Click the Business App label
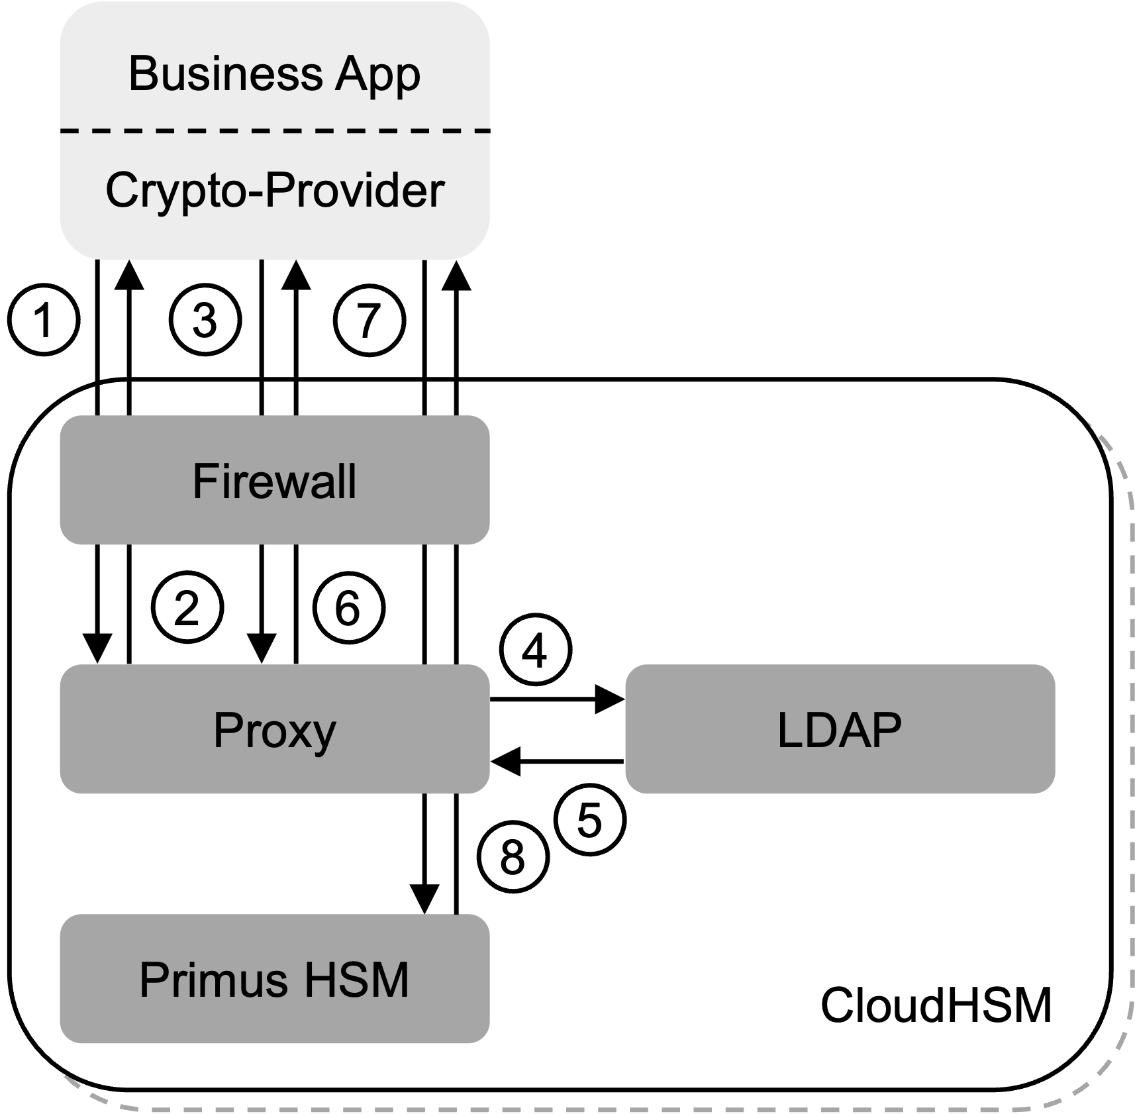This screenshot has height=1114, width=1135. coord(274,74)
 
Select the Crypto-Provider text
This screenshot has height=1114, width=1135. coord(274,191)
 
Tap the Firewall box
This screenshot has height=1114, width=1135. coord(274,481)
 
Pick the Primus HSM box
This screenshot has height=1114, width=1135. coord(274,980)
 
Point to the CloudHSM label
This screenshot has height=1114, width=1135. coord(936,1005)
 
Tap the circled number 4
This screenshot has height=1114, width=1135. coord(535,652)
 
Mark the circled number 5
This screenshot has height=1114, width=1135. coord(589,821)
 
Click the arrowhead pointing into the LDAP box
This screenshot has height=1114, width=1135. coord(609,699)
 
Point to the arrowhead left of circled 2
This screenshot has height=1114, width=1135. coord(97,648)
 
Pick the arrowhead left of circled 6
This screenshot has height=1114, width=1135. coord(262,648)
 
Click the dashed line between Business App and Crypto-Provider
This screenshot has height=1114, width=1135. coord(274,131)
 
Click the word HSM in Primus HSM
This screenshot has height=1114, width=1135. coord(357,980)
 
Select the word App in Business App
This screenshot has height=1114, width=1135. coord(377,74)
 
